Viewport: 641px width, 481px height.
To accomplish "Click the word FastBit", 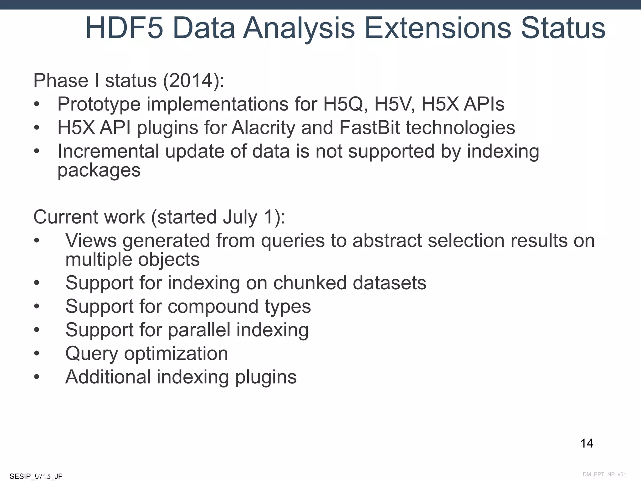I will pyautogui.click(x=370, y=128).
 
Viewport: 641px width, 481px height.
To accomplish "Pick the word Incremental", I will pyautogui.click(x=108, y=151).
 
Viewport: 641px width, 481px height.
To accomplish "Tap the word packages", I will pyautogui.click(x=99, y=171).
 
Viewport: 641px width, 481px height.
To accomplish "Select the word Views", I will pyautogui.click(x=91, y=241).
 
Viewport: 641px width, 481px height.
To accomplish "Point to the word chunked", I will pyautogui.click(x=310, y=283).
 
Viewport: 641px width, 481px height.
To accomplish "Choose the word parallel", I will pyautogui.click(x=199, y=330).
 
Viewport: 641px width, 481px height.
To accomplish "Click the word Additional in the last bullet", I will pyautogui.click(x=108, y=377).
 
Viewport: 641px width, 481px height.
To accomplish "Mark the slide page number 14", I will pyautogui.click(x=587, y=443).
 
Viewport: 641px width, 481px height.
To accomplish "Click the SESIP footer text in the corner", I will pyautogui.click(x=36, y=476).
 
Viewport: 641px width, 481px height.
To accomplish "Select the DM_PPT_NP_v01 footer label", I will pyautogui.click(x=604, y=474).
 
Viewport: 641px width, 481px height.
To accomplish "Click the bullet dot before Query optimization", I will pyautogui.click(x=37, y=353).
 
